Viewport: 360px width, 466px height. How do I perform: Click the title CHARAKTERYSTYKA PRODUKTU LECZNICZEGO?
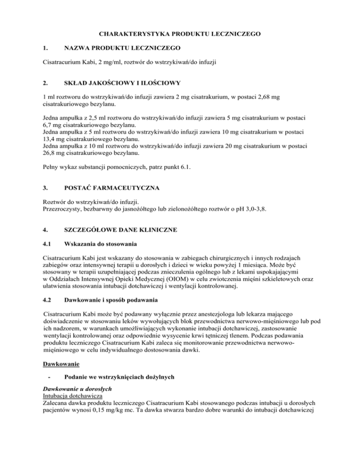(180, 33)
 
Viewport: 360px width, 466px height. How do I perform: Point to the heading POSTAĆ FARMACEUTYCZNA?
(112, 188)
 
